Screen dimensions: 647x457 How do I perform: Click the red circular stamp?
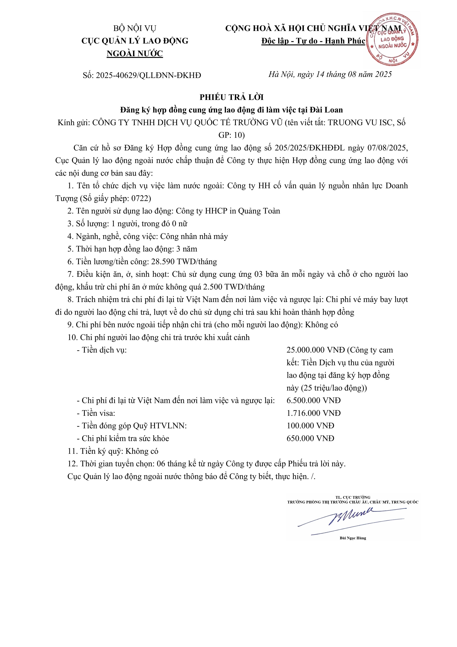tap(392, 39)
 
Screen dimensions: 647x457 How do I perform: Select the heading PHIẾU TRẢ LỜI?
tap(232, 97)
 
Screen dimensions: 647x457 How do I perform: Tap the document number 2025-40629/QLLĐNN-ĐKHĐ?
tap(148, 76)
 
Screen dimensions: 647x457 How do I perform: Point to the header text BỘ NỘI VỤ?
tap(135, 28)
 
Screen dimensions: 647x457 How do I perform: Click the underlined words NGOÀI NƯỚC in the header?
tap(135, 53)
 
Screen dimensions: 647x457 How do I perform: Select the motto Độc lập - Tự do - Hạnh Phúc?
tap(313, 41)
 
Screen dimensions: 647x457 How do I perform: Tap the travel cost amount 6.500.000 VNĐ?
tap(313, 400)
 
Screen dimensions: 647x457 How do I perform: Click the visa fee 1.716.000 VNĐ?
tap(313, 413)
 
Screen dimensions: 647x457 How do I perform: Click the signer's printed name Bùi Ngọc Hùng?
tap(353, 538)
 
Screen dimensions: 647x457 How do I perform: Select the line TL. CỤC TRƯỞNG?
tap(353, 497)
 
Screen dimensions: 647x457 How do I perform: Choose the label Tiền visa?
tap(98, 413)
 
